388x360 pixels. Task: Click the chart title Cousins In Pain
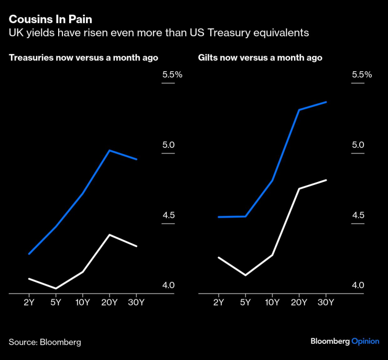50,19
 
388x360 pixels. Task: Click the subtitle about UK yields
158,33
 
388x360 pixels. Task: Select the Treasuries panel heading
83,58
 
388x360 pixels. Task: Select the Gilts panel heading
260,58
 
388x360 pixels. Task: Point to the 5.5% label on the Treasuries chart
172,75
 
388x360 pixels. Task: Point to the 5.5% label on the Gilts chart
361,75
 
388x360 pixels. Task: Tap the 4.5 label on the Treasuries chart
168,215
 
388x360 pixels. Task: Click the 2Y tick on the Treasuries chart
29,302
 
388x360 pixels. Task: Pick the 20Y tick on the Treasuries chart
109,302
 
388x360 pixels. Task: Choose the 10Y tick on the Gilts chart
272,302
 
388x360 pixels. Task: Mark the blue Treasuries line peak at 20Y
109,150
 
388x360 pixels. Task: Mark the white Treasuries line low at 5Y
56,288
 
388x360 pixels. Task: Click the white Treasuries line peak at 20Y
109,234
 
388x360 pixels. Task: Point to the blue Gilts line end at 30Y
326,102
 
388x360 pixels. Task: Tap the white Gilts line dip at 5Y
245,275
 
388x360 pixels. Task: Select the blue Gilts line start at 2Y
218,216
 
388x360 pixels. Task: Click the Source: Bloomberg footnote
45,342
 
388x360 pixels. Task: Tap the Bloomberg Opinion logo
344,341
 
